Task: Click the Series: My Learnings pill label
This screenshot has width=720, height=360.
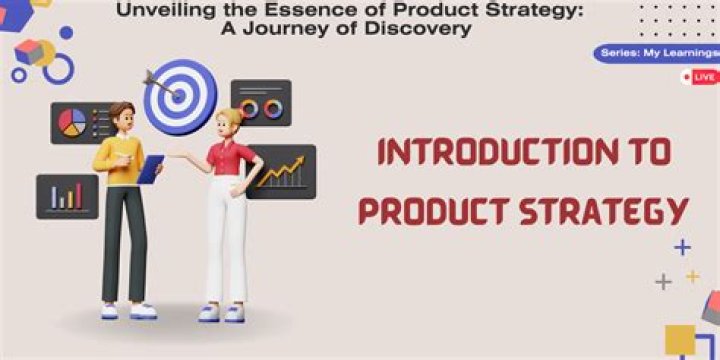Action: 657,53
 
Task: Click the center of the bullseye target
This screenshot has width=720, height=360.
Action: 179,96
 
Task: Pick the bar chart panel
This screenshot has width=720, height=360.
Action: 68,197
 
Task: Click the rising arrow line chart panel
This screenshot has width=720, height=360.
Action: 282,172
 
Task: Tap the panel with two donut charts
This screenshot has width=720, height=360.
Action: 261,102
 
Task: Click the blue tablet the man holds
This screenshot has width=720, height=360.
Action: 150,169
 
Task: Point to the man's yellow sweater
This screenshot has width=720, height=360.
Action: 120,159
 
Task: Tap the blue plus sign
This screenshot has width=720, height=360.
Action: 682,248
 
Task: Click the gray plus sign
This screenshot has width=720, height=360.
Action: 663,281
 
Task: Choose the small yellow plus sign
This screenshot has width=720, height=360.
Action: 692,276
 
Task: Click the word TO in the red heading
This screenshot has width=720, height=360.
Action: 660,152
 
